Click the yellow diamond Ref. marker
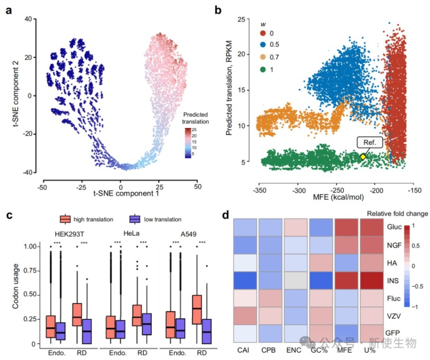(363, 156)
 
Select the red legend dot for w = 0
(264, 33)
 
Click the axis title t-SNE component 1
(120, 193)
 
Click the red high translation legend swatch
(66, 219)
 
